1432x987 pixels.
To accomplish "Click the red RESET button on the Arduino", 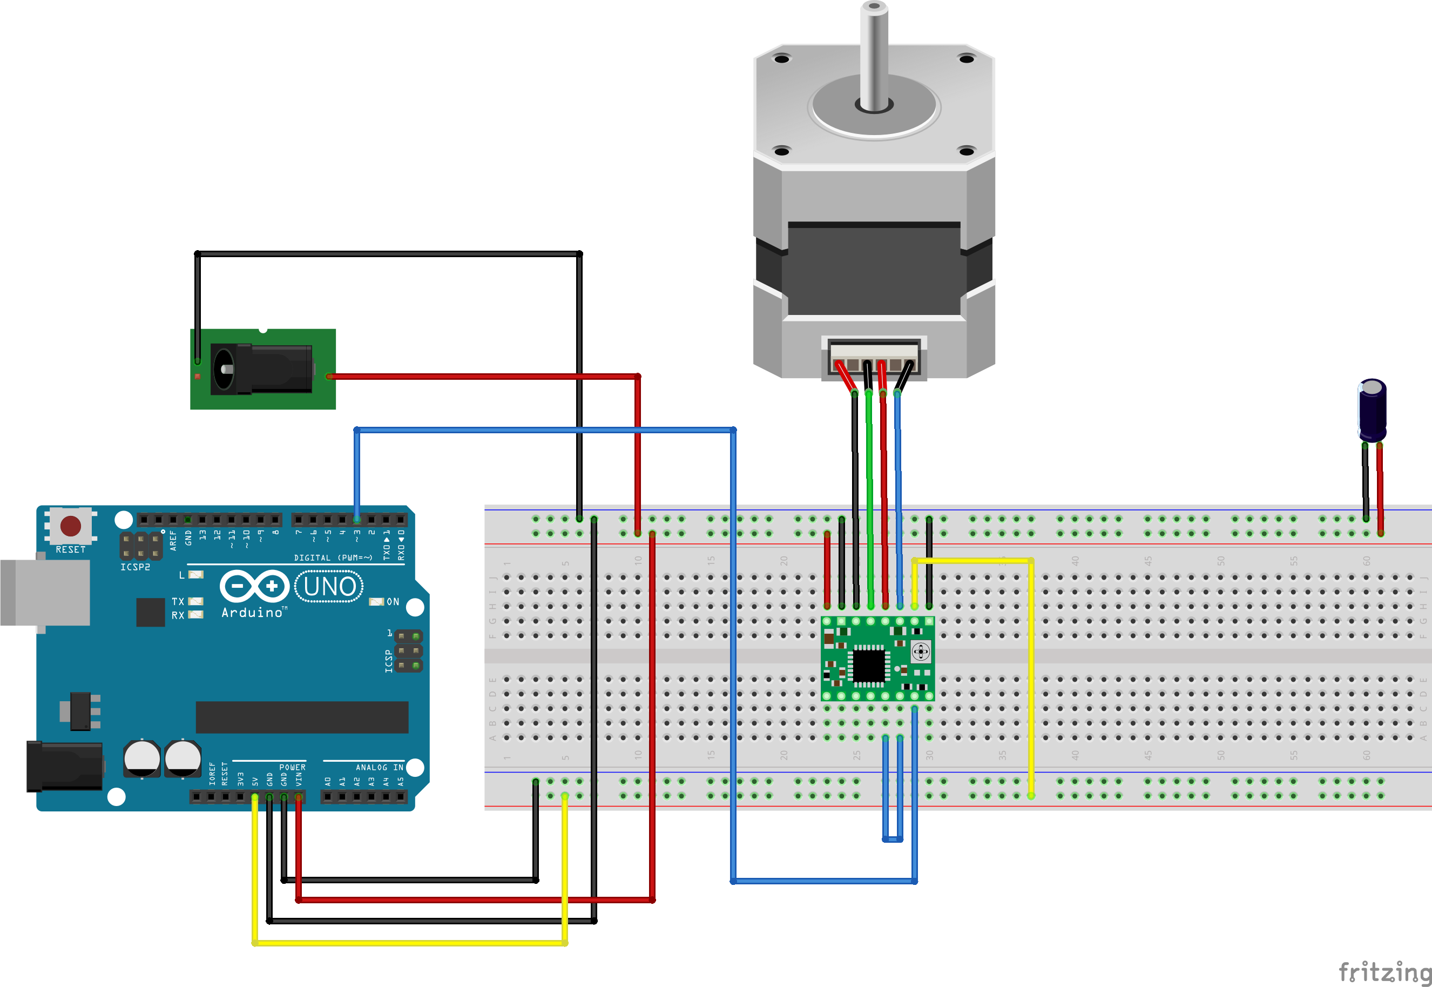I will pos(70,526).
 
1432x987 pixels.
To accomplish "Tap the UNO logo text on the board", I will pos(329,586).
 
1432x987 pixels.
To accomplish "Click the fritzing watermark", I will pos(1384,971).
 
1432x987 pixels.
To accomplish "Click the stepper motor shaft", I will pos(873,56).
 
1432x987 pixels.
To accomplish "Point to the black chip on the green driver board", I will pos(868,665).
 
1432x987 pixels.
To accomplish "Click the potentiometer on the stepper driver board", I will pos(920,651).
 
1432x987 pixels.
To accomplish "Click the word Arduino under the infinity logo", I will pos(252,612).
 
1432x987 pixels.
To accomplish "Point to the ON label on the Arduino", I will pos(393,602).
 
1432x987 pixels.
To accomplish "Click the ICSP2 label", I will pos(135,567).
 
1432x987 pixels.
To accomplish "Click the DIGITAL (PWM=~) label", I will pos(333,558).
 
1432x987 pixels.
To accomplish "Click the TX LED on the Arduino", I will pos(195,601).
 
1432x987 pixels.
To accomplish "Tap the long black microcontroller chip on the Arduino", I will pos(302,717).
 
